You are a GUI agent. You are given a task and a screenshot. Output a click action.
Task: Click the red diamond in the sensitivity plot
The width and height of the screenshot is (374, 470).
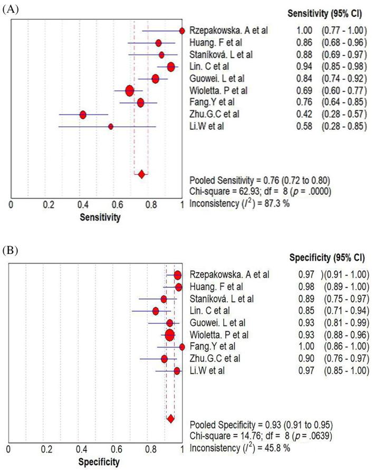coord(141,174)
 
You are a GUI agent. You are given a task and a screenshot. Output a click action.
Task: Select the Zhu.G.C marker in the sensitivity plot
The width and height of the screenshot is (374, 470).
coord(83,115)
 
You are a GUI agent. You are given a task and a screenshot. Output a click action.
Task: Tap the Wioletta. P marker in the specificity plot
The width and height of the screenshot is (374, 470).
coord(169,335)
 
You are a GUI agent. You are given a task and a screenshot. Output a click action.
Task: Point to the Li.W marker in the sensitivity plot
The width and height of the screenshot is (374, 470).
coord(111,126)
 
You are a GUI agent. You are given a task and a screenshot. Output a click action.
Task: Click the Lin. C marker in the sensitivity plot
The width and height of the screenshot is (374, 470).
coord(171,67)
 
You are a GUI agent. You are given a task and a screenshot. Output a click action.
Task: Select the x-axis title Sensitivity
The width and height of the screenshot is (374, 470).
coord(100,217)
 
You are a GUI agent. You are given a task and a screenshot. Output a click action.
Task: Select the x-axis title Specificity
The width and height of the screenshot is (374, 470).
coord(98,462)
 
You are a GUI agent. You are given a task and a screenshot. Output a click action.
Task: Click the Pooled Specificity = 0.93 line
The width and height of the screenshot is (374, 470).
coord(260,425)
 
